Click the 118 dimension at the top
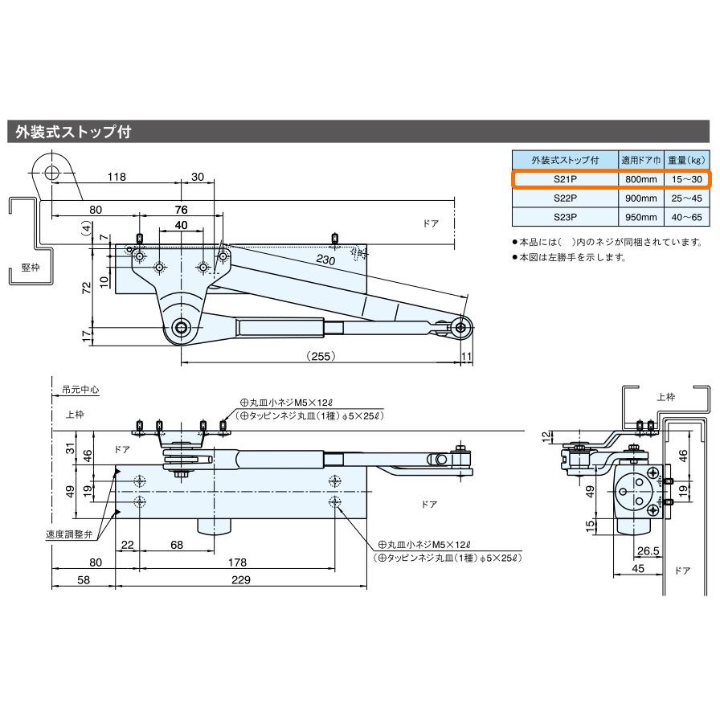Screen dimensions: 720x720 117,178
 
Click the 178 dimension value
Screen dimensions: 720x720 235,562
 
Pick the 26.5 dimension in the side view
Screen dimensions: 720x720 647,551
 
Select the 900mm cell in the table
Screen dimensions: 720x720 640,198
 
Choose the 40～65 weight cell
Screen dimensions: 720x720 685,217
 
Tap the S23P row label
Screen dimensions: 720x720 566,217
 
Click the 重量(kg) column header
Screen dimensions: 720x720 685,159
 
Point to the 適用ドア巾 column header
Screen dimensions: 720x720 640,159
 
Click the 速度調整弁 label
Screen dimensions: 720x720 67,534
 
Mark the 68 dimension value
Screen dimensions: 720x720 177,545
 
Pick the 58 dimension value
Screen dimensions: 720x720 84,580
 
